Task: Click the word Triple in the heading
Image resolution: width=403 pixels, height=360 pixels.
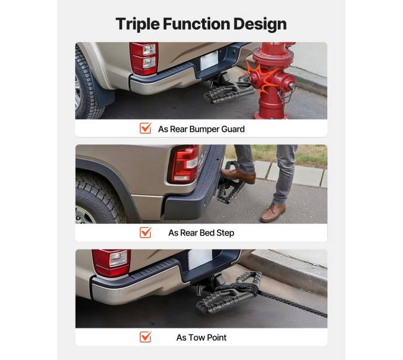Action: click(x=138, y=24)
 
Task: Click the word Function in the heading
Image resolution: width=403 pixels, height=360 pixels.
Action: click(x=197, y=24)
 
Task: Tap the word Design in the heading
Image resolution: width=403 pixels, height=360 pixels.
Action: click(x=260, y=24)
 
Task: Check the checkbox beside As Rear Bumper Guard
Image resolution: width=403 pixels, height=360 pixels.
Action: click(x=146, y=128)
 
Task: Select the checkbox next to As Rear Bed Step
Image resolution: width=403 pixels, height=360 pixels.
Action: click(x=146, y=232)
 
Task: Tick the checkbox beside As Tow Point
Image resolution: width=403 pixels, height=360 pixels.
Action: click(x=146, y=337)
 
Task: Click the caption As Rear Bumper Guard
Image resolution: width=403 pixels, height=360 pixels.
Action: click(x=201, y=129)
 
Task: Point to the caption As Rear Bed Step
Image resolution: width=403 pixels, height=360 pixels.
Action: click(x=201, y=232)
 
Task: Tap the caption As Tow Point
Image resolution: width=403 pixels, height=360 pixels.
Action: click(x=201, y=338)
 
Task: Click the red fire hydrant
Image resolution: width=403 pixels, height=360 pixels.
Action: click(x=272, y=79)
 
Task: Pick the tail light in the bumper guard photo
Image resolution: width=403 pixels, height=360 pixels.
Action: click(x=144, y=58)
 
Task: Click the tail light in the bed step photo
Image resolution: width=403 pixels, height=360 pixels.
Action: click(x=184, y=164)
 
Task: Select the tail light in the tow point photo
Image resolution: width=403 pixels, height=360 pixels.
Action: click(x=111, y=263)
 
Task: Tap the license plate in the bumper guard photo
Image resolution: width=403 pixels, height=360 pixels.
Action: click(x=209, y=61)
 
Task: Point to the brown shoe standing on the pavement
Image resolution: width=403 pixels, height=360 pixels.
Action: click(x=273, y=213)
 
